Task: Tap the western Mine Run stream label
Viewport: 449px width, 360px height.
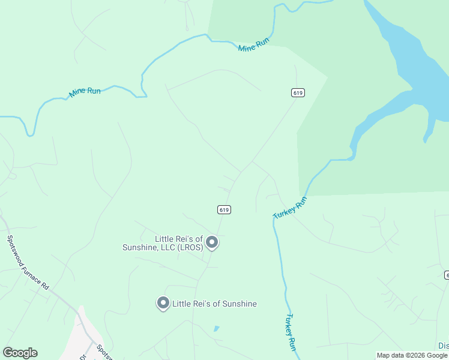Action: click(x=85, y=92)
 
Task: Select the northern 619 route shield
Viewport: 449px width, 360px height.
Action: click(x=298, y=92)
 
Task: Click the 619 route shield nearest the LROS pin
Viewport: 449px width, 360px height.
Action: click(x=224, y=209)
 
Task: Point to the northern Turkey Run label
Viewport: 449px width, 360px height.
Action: click(x=290, y=208)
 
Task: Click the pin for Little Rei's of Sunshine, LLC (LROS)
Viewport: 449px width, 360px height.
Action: click(x=211, y=242)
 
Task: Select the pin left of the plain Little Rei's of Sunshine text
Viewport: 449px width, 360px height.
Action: click(x=163, y=303)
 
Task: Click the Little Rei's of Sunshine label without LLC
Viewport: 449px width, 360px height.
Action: click(x=214, y=304)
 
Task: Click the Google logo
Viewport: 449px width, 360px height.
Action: click(x=20, y=353)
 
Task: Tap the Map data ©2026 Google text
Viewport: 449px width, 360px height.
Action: click(x=412, y=355)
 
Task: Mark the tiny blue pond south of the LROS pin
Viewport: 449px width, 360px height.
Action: click(x=216, y=329)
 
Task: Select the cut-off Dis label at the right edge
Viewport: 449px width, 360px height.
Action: click(x=443, y=346)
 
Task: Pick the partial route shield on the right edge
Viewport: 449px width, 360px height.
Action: click(x=447, y=274)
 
